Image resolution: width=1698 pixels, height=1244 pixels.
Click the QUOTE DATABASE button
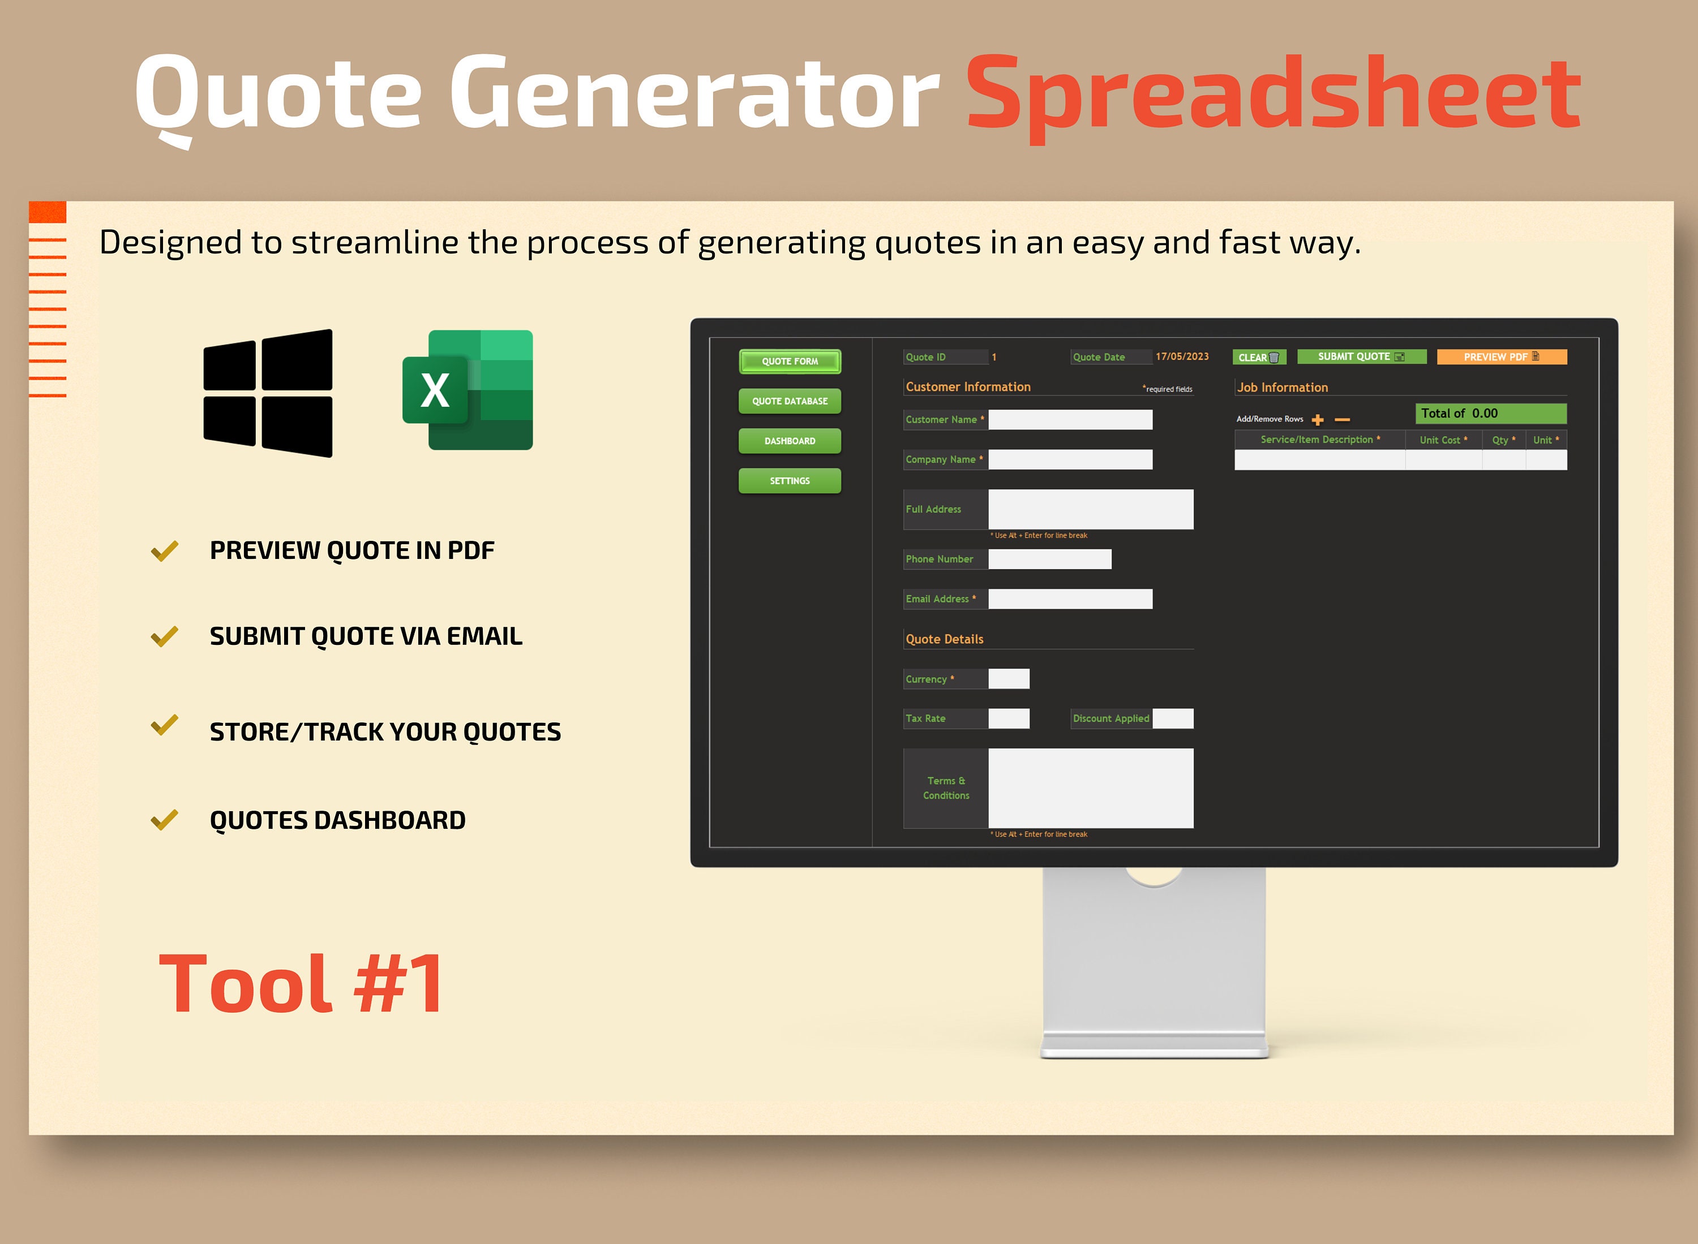coord(790,401)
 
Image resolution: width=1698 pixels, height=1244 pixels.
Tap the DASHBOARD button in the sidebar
coord(790,441)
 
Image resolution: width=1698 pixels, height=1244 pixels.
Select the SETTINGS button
coord(790,480)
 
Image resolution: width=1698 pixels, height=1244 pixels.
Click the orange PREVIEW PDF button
coord(1502,357)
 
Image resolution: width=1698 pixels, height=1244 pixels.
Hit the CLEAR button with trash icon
coord(1259,357)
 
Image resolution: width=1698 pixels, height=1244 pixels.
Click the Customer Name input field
coord(1070,419)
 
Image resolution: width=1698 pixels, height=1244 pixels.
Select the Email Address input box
coord(1070,599)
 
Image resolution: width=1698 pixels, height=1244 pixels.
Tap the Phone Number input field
coord(1049,559)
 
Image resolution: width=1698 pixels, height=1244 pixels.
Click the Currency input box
coord(1009,678)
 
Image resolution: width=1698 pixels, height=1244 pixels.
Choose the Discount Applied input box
coord(1173,718)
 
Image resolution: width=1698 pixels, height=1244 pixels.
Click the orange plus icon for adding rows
coord(1318,419)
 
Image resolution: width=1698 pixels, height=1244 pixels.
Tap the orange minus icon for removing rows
coord(1343,419)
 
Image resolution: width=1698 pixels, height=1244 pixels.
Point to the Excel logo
coord(468,390)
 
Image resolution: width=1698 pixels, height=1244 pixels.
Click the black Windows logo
coord(268,393)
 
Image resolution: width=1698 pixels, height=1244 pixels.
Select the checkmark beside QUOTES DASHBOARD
coord(164,819)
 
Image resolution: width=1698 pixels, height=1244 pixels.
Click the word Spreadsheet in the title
coord(1273,94)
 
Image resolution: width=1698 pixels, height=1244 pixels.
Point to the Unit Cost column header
coord(1443,440)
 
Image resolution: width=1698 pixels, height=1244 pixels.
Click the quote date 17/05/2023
coord(1182,357)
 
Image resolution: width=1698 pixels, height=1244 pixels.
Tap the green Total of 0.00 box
coord(1490,414)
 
